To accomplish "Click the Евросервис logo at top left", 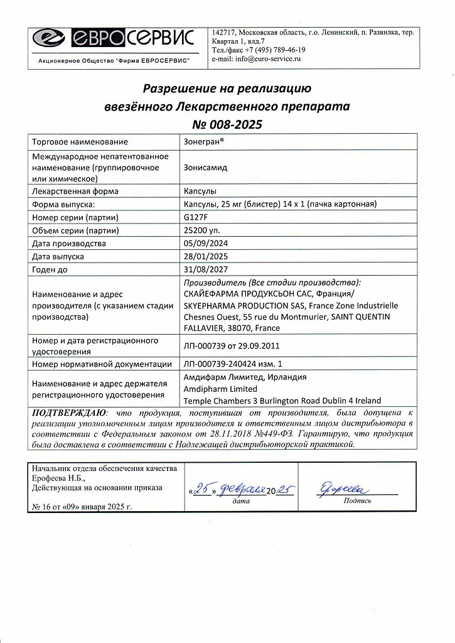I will (x=114, y=39).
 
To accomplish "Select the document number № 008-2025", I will (x=227, y=124).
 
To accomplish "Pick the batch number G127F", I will (x=194, y=217).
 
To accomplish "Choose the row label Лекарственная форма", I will (x=75, y=191).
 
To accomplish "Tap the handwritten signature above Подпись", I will (x=345, y=489).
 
